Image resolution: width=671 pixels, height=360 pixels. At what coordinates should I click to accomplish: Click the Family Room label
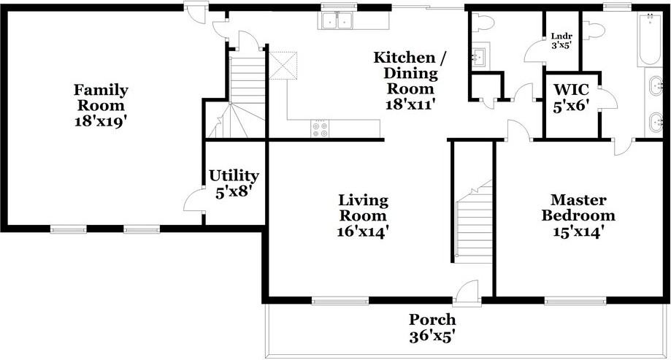pos(101,105)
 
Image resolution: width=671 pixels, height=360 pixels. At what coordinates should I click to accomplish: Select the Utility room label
pos(234,183)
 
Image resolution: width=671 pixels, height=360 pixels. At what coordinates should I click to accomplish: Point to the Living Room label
pos(363,215)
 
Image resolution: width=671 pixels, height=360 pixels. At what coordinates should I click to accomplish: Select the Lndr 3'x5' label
pos(561,39)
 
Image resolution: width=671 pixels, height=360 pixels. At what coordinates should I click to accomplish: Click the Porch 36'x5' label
pos(432,328)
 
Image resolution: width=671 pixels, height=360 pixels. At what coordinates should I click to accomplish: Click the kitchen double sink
pos(337,22)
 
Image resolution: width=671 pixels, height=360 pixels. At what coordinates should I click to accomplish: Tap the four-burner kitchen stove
pos(321,129)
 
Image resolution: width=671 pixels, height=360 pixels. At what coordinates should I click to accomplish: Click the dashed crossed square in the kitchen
pos(283,66)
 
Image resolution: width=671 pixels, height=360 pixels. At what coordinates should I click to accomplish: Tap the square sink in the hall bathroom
pos(480,55)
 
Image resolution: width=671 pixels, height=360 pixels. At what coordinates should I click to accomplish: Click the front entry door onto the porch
pos(464,291)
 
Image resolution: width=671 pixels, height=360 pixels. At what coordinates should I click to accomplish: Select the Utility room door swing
pos(193,199)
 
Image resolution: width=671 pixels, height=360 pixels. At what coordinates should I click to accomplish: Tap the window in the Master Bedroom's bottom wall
pos(567,299)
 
